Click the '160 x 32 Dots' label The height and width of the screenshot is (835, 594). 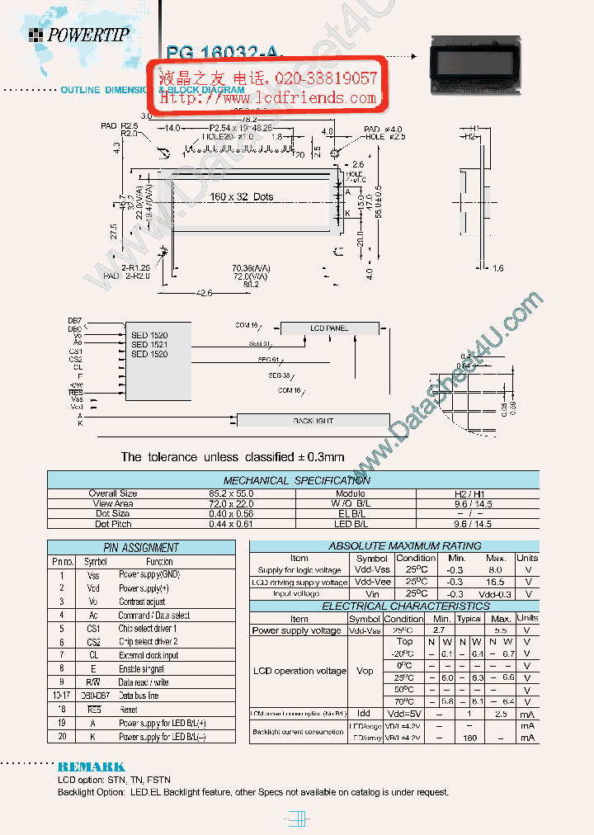(240, 197)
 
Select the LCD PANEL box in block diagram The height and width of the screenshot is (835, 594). (329, 328)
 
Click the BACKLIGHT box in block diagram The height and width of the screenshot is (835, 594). (313, 421)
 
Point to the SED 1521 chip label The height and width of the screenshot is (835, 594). (149, 345)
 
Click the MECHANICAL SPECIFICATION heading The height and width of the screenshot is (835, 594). (297, 480)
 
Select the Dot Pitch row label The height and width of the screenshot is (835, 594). (112, 524)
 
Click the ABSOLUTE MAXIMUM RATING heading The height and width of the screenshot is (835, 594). (394, 545)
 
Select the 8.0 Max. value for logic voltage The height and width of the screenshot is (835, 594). (495, 570)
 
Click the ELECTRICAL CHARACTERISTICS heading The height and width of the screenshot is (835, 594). (394, 606)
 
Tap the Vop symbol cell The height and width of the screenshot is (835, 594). (364, 671)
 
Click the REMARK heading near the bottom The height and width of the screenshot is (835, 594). (92, 767)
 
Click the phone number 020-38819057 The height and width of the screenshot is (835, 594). (321, 78)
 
